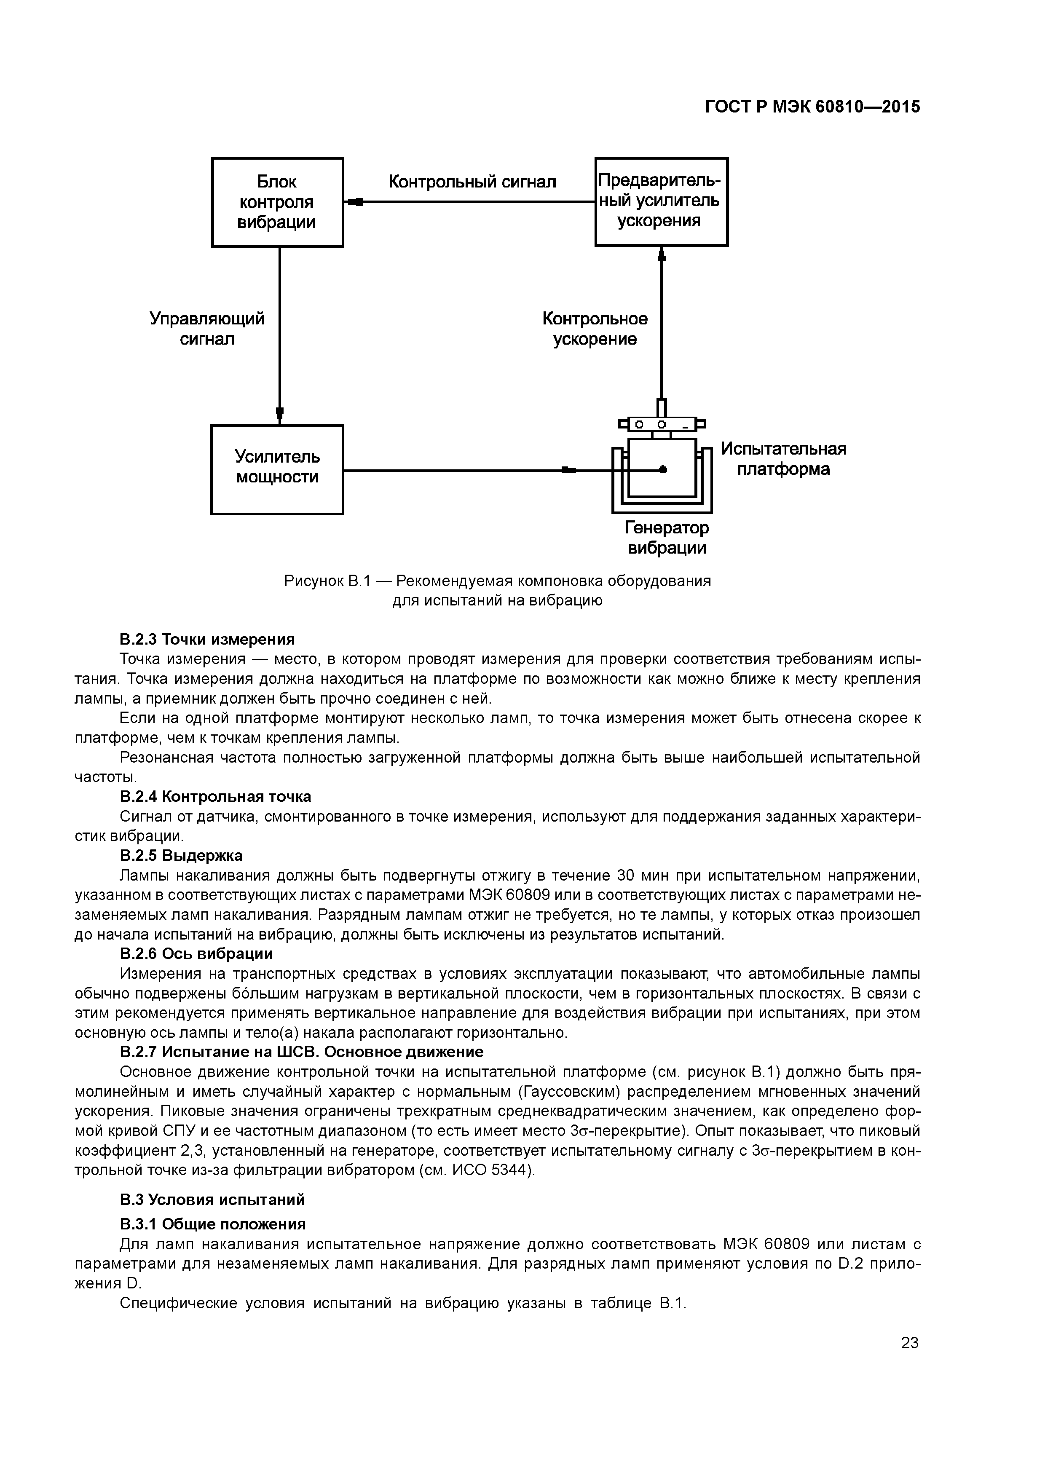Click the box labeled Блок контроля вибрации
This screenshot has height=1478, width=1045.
[278, 202]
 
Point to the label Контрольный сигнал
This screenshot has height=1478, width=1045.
[472, 182]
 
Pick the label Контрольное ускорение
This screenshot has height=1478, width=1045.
[595, 329]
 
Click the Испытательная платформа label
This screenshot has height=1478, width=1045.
[783, 459]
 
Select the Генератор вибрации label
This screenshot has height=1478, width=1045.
[667, 538]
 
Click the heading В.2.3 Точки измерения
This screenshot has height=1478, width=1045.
[207, 639]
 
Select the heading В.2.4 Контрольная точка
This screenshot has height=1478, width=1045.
[215, 796]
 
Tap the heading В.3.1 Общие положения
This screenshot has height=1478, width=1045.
[212, 1224]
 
